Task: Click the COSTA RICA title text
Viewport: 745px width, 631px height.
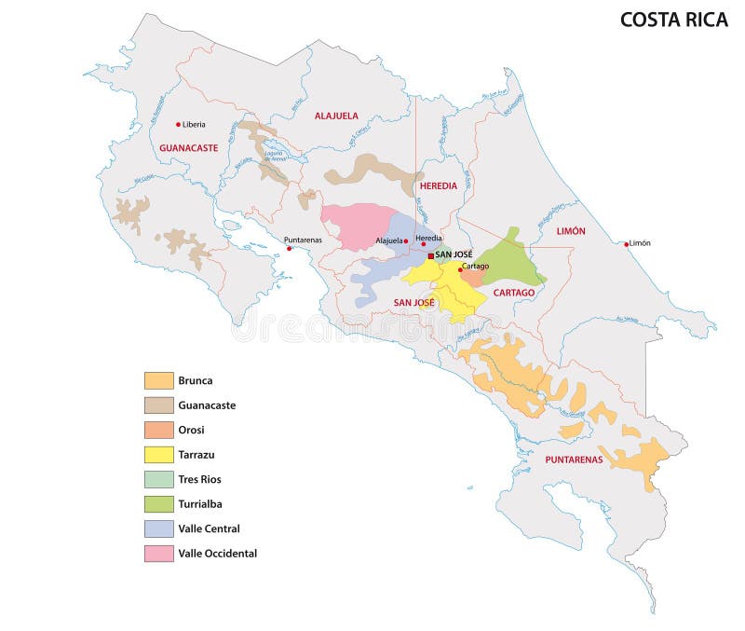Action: [673, 20]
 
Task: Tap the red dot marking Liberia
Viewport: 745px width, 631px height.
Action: [179, 124]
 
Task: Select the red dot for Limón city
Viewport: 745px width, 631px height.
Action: [626, 243]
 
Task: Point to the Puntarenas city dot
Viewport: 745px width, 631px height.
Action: [289, 249]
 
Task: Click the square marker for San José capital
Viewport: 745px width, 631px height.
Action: [431, 255]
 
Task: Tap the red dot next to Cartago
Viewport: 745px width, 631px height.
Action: [459, 269]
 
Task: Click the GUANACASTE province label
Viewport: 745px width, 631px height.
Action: [188, 148]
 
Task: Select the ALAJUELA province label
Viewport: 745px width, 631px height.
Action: [336, 116]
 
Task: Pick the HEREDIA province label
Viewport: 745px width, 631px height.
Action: [439, 185]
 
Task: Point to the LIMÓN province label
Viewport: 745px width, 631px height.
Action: [571, 230]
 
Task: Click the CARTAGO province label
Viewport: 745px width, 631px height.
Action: [514, 293]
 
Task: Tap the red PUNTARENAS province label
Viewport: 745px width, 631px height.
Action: [574, 460]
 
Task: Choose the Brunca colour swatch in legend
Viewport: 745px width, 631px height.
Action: [158, 380]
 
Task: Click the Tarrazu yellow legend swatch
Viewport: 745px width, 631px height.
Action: [158, 454]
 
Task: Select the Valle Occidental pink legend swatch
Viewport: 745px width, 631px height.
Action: [158, 553]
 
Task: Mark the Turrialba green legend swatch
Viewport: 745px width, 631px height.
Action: [158, 503]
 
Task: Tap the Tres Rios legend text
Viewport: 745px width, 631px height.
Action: [199, 479]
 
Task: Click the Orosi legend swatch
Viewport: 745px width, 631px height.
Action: [158, 430]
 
